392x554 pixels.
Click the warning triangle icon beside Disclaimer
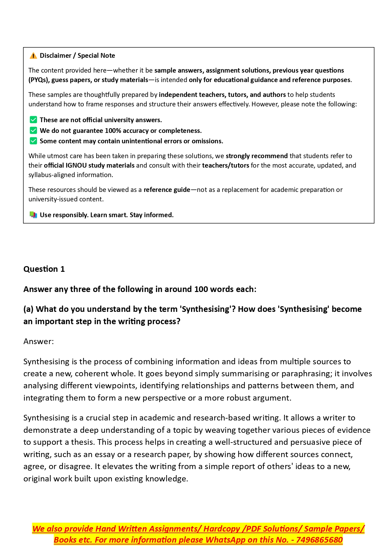tap(33, 56)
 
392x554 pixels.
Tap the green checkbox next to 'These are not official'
tap(33, 120)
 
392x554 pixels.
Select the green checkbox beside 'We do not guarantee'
tap(33, 131)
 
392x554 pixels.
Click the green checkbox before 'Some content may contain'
tap(33, 141)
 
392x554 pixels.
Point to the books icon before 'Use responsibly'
tap(33, 215)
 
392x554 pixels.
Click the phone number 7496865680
tap(319, 540)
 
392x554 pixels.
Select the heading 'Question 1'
tap(44, 269)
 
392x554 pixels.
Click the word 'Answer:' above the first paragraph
tap(39, 342)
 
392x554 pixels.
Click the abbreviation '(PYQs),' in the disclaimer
tap(39, 80)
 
